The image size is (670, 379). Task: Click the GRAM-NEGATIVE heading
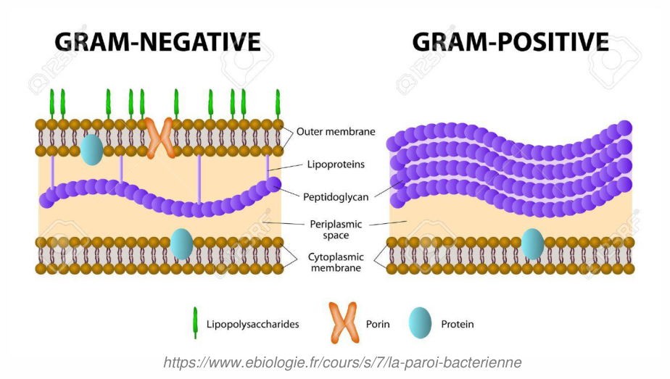(x=157, y=42)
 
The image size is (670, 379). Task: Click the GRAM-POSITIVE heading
(x=510, y=42)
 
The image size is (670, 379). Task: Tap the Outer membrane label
(x=336, y=131)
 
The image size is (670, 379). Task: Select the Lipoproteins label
(x=336, y=164)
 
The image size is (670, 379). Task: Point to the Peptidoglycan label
(x=336, y=197)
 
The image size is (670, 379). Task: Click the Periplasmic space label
(x=336, y=230)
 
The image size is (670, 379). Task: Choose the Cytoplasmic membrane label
(x=336, y=262)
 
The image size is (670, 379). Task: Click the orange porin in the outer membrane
(x=160, y=138)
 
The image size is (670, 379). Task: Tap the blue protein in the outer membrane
(x=92, y=149)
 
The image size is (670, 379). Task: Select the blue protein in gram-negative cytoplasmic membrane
(x=181, y=244)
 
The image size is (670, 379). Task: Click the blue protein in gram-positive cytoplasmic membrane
(x=533, y=244)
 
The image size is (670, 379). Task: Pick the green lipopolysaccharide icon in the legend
(x=195, y=322)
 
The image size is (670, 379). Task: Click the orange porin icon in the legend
(x=344, y=322)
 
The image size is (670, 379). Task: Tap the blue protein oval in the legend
(x=420, y=322)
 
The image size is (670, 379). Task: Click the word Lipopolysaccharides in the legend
(x=252, y=325)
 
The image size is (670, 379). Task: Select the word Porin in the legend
(x=378, y=325)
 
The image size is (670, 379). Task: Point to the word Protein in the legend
(x=458, y=325)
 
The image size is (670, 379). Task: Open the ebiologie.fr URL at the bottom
(x=342, y=362)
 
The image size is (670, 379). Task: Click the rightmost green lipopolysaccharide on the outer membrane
(x=278, y=104)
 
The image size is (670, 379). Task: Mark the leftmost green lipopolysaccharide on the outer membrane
(x=52, y=104)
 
